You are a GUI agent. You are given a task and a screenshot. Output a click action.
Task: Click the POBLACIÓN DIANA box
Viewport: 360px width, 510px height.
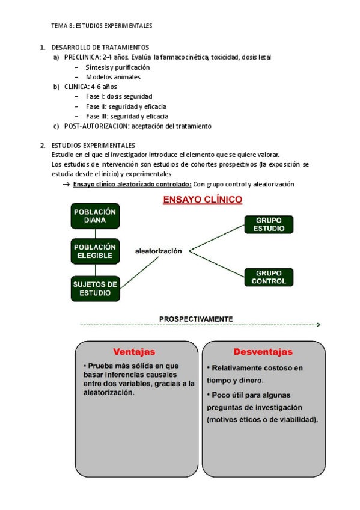(x=94, y=216)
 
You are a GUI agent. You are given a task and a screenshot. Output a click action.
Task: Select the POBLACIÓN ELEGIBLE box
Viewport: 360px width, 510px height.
(x=94, y=251)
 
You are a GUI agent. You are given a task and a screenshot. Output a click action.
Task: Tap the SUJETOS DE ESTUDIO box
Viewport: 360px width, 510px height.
(x=94, y=287)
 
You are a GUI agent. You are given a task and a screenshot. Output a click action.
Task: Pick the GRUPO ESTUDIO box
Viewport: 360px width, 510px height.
(x=269, y=224)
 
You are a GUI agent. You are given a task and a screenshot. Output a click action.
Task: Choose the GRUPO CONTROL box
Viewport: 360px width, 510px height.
(x=269, y=277)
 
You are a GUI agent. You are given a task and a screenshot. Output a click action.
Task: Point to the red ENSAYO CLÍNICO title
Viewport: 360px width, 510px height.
(x=203, y=200)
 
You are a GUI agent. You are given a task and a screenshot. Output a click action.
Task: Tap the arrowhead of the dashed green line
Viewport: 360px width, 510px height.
(x=318, y=325)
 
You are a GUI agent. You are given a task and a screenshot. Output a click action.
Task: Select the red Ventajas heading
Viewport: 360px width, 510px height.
(x=134, y=351)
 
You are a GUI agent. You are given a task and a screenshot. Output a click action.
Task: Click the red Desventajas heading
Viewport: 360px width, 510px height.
(x=264, y=351)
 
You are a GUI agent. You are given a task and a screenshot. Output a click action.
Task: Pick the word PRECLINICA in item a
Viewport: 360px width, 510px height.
(x=82, y=57)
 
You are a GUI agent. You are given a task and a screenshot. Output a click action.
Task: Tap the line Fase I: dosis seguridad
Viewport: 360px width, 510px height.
(x=119, y=96)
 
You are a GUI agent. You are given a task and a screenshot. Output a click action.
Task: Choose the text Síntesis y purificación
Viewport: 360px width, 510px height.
(x=118, y=67)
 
